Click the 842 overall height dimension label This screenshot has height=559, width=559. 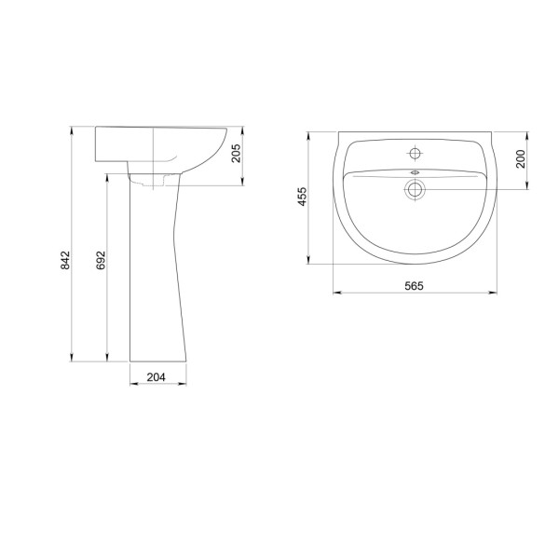[65, 260]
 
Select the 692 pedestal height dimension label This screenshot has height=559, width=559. [102, 260]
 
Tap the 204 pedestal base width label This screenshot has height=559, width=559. [157, 376]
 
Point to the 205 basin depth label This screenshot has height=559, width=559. [236, 154]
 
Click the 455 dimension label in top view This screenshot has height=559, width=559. [302, 197]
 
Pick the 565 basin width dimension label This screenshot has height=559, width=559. [414, 286]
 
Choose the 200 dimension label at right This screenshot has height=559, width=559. [521, 159]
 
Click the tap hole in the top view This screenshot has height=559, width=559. [415, 154]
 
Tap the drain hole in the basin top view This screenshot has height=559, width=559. [415, 189]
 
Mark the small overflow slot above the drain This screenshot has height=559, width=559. [415, 172]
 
